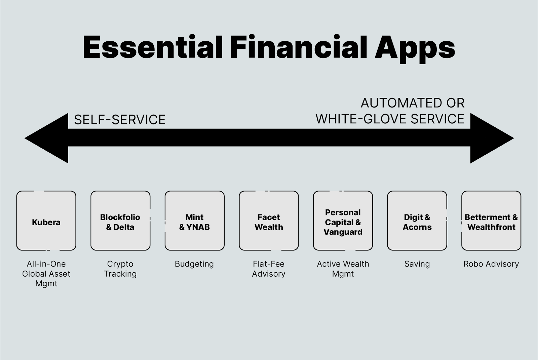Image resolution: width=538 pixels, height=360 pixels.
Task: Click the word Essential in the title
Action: point(153,47)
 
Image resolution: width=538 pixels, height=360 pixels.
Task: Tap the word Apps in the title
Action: point(415,49)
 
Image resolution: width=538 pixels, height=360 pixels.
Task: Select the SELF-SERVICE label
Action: point(120,119)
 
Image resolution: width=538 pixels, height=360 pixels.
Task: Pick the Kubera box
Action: point(46,221)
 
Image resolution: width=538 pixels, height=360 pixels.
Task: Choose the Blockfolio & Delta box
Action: point(120,221)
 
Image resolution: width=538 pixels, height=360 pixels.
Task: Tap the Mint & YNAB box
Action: point(195,221)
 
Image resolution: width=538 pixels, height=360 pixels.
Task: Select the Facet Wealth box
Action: point(269,221)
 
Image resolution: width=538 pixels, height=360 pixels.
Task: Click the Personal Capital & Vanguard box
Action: point(343,221)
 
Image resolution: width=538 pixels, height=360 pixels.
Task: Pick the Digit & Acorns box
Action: point(417,221)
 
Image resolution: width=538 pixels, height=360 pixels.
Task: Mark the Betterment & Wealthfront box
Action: point(491,221)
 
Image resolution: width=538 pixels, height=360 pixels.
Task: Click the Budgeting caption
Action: point(194,264)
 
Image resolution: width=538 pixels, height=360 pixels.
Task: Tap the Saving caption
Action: point(417,264)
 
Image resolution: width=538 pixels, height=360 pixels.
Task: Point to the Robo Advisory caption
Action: point(491,264)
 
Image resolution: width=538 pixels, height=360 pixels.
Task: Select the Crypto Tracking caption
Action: point(120,269)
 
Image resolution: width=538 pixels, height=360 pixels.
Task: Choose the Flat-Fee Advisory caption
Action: point(269,269)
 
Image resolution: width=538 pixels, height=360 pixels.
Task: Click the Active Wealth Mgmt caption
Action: point(343,269)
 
